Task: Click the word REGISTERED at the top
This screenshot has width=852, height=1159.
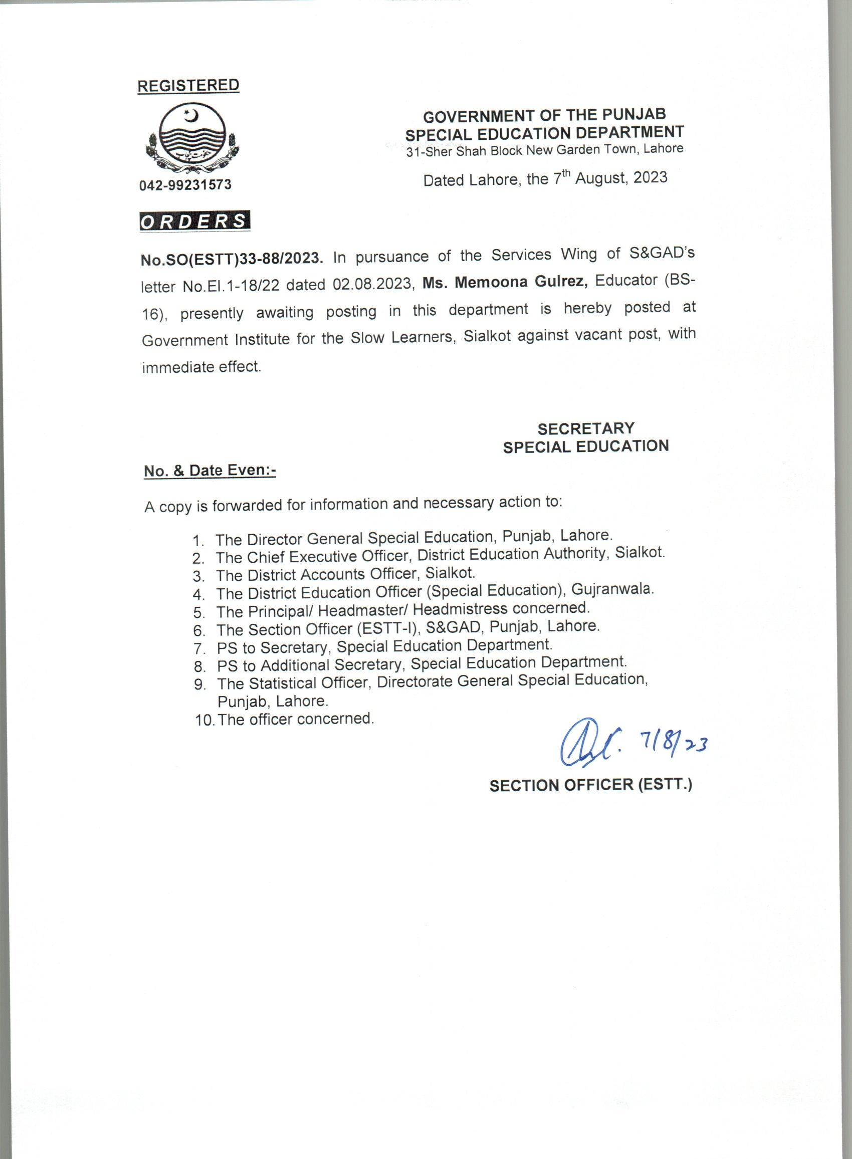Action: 188,86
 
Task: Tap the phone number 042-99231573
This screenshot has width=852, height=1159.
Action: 185,184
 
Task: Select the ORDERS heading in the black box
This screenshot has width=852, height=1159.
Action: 194,221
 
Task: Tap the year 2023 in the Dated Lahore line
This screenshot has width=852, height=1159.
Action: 651,177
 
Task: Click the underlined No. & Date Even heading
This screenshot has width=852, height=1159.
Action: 209,471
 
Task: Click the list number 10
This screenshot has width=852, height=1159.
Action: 204,720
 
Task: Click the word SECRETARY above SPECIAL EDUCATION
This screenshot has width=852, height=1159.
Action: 586,428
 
